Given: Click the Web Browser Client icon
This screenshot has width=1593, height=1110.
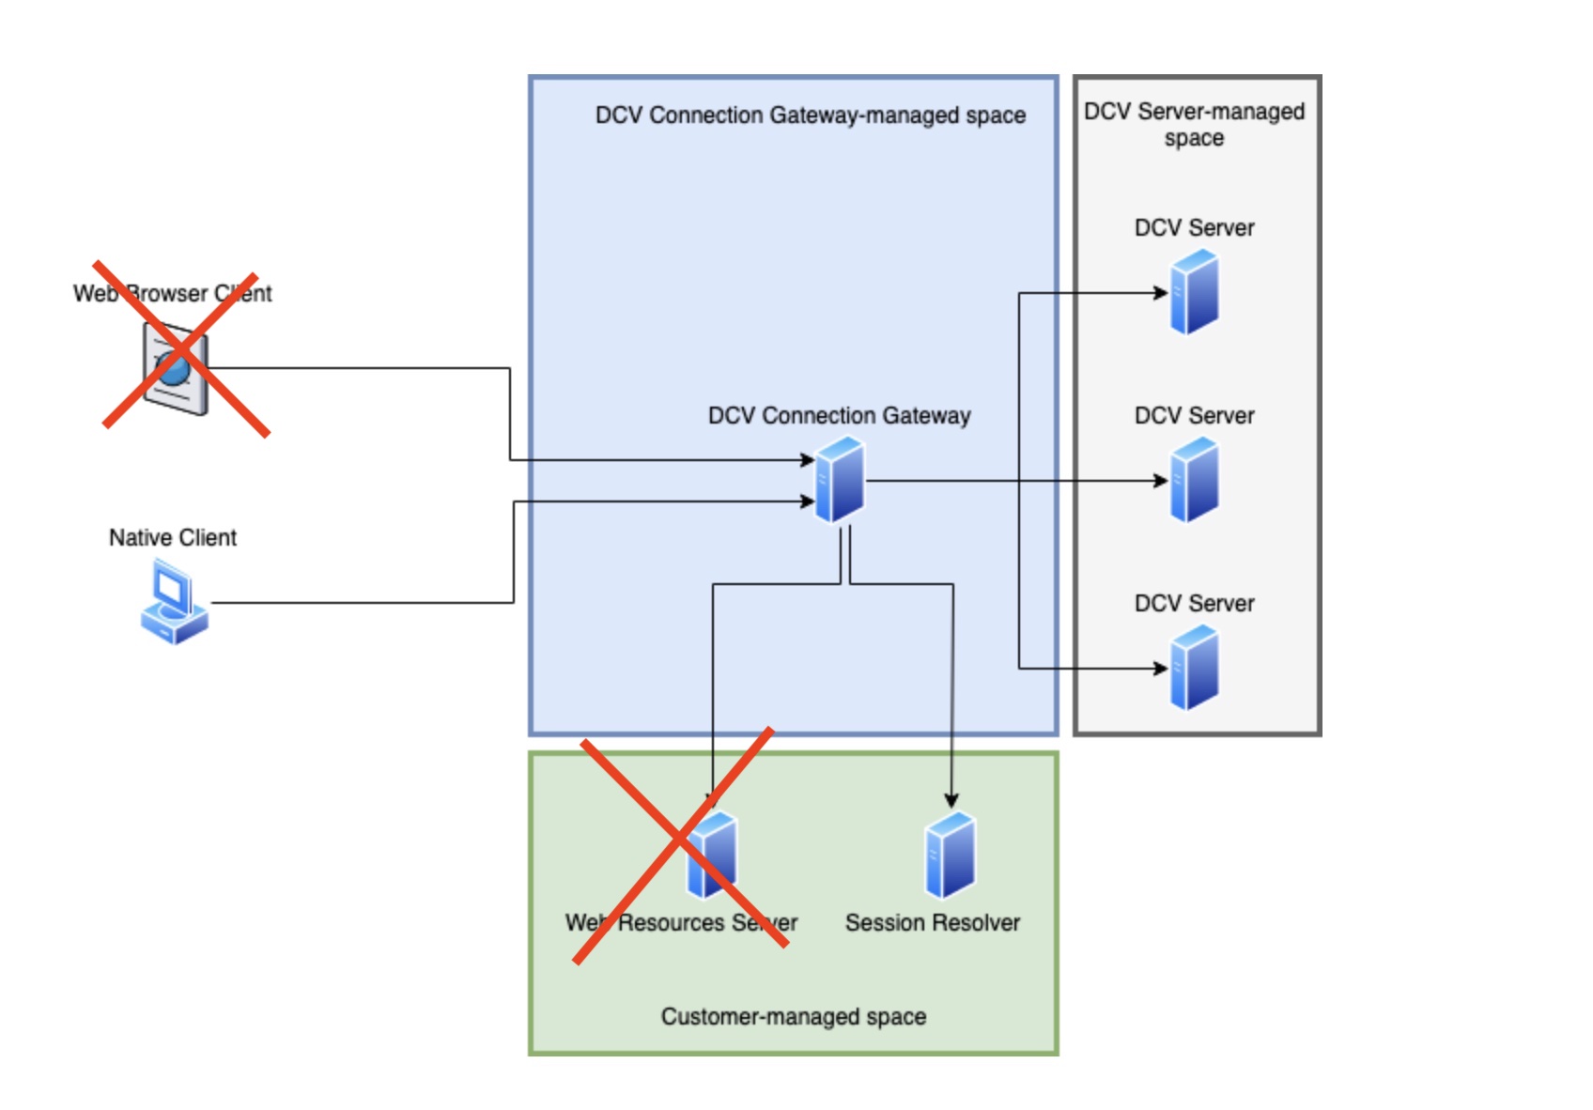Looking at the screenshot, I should (176, 368).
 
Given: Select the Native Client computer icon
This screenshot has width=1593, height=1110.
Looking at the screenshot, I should (175, 602).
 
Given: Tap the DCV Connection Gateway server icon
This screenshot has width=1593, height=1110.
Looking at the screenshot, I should (840, 480).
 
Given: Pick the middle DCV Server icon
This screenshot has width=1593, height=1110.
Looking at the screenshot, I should (1194, 482).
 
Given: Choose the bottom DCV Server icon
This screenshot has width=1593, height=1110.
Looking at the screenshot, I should (1194, 670).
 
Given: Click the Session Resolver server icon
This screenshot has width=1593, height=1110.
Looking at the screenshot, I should (951, 856).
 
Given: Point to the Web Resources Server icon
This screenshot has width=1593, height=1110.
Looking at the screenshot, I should (712, 856).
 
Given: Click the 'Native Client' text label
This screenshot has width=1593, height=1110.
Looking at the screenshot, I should (173, 537).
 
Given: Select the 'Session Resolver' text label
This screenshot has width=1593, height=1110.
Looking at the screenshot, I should (933, 923).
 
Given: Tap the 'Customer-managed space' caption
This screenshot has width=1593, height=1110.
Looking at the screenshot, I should (794, 1016).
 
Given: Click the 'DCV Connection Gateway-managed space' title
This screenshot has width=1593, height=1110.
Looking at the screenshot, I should (811, 116).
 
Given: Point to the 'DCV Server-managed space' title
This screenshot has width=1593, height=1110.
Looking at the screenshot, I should (1194, 124).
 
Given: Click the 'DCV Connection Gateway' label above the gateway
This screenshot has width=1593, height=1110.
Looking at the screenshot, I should (840, 415).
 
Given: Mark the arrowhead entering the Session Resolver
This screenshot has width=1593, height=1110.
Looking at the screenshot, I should (951, 801).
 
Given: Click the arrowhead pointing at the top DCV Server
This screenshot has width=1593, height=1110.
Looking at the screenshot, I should (1161, 293).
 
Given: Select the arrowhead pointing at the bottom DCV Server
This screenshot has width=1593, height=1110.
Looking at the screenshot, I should (1161, 669).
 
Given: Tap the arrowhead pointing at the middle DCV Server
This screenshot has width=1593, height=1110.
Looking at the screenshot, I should (1161, 481).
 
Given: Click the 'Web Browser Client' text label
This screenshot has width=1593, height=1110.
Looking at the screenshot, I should (173, 293).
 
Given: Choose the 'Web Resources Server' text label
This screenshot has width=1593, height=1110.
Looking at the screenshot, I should (682, 923).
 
